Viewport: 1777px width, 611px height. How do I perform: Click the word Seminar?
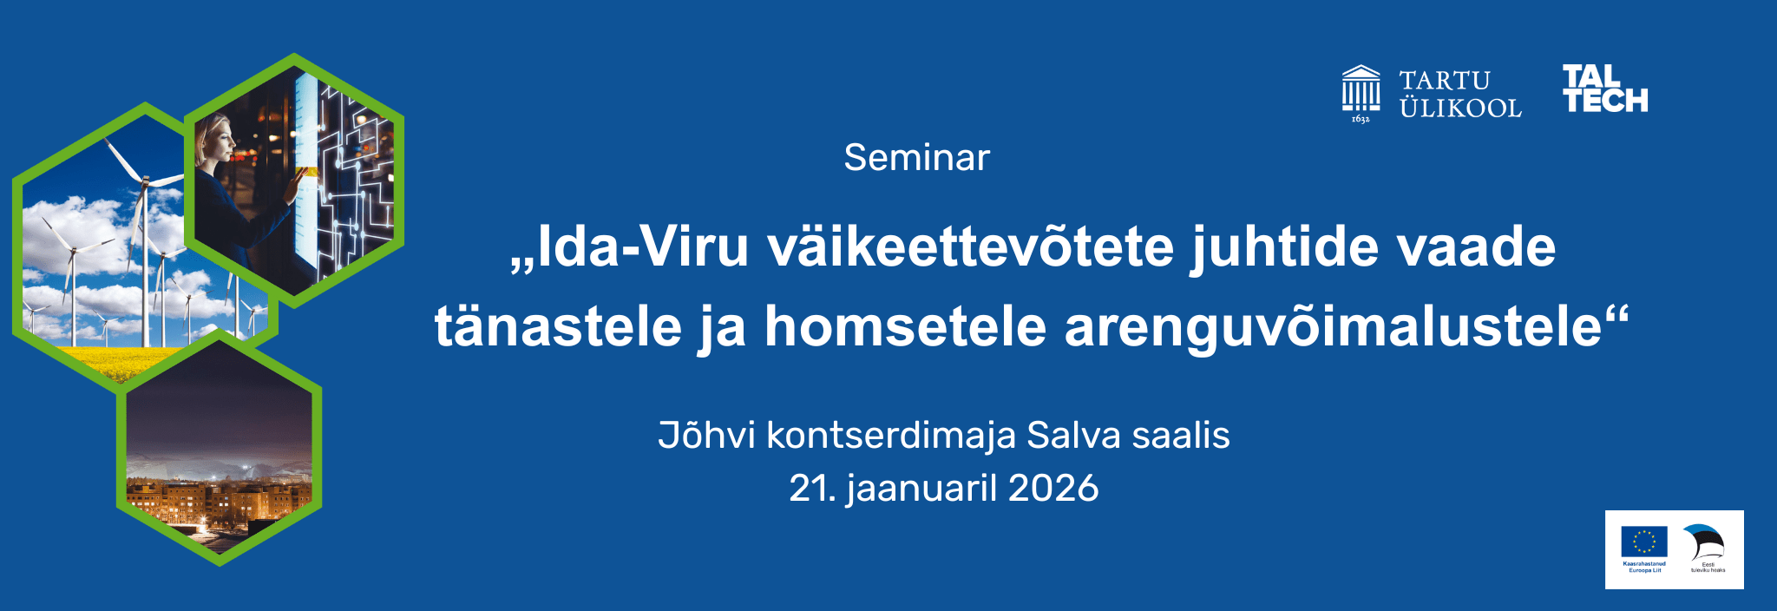click(x=916, y=158)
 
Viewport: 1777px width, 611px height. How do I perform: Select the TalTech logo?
click(x=1604, y=89)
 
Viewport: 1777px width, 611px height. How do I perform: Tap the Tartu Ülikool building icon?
click(x=1361, y=91)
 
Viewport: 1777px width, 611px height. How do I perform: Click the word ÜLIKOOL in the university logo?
click(x=1460, y=108)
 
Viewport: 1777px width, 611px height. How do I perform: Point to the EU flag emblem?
click(x=1643, y=542)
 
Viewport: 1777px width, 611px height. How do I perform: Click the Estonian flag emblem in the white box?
click(x=1704, y=543)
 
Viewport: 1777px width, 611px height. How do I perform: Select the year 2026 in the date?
click(x=1053, y=489)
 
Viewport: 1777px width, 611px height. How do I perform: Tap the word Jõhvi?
click(x=706, y=436)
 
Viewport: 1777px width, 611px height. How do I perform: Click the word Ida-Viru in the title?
click(x=642, y=247)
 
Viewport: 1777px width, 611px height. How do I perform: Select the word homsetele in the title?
click(x=905, y=327)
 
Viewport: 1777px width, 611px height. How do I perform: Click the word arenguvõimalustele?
click(x=1332, y=327)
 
